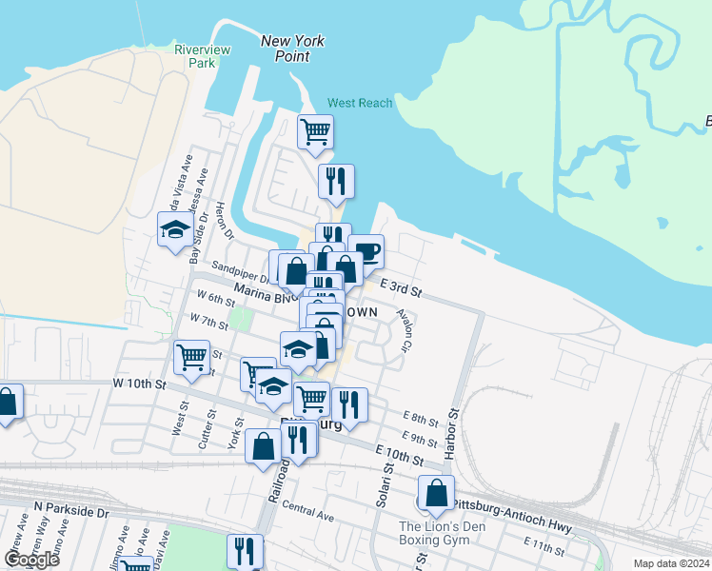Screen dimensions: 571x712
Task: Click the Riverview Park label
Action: (197, 56)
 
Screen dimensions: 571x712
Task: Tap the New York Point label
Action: (292, 49)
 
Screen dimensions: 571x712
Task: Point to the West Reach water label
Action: (360, 103)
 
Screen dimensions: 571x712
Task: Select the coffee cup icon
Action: (366, 252)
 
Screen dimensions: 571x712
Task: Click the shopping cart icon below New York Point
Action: (315, 131)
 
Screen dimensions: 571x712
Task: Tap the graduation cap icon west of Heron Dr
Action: (175, 229)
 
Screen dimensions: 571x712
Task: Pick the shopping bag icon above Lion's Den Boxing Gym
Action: (436, 493)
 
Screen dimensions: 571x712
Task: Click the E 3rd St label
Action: (400, 286)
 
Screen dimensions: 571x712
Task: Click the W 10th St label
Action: (139, 384)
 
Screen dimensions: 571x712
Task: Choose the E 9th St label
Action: (418, 438)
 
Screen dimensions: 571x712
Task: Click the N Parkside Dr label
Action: (71, 510)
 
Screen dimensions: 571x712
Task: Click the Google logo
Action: (31, 560)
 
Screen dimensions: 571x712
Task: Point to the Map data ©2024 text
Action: (670, 562)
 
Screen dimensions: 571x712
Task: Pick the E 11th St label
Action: (544, 543)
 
